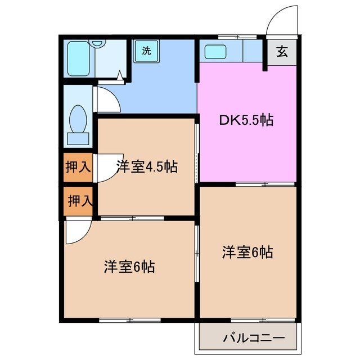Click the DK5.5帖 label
pyautogui.click(x=246, y=120)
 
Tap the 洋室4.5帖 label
pyautogui.click(x=147, y=166)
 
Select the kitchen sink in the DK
pyautogui.click(x=215, y=52)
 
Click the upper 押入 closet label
pyautogui.click(x=77, y=166)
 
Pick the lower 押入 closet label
pyautogui.click(x=78, y=201)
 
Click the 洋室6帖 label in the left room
pyautogui.click(x=129, y=267)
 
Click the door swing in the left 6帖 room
pyautogui.click(x=76, y=232)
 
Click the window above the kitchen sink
pyautogui.click(x=237, y=37)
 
